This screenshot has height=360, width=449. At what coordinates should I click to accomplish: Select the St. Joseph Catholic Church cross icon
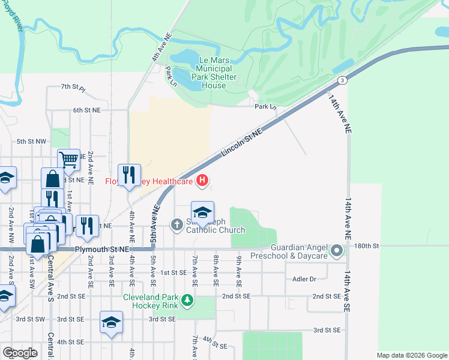[x=177, y=225]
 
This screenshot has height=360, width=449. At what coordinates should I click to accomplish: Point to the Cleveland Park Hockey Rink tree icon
[x=188, y=299]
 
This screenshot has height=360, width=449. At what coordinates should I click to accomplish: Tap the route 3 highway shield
[x=341, y=80]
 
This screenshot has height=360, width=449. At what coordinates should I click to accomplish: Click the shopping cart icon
[x=69, y=160]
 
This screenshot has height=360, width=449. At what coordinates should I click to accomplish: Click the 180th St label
[x=367, y=246]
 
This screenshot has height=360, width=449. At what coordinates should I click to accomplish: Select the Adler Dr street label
[x=304, y=279]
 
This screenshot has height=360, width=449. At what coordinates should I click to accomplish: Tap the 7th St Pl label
[x=74, y=88]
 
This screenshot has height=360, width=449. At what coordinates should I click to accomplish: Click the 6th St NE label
[x=87, y=110]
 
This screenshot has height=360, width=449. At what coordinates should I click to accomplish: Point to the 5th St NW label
[x=31, y=142]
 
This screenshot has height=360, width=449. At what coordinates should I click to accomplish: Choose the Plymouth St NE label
[x=103, y=249]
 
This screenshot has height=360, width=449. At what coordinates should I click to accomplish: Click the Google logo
[x=20, y=352]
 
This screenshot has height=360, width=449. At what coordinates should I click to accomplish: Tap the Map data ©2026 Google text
[x=412, y=355]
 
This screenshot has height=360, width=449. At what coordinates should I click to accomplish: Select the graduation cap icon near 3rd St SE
[x=111, y=323]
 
